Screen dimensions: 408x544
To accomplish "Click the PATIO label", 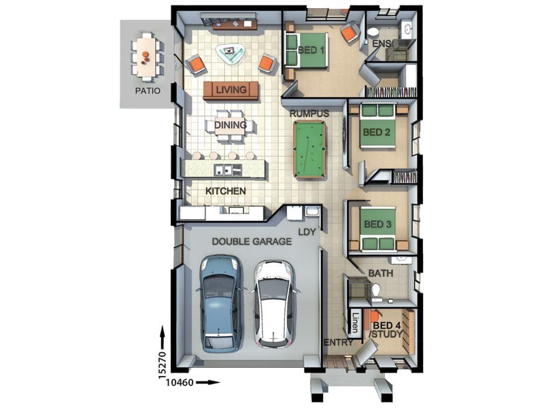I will point(148,88).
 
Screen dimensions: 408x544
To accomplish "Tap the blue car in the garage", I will point(221,299).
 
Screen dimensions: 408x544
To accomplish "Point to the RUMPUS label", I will point(309,113).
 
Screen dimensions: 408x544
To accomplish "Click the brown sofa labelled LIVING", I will point(231,90).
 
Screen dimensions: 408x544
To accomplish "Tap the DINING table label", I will point(231,125).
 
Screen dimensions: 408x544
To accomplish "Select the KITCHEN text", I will point(226,192).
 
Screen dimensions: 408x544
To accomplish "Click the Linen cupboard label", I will point(355,320).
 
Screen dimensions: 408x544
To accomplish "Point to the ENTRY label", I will point(338,342).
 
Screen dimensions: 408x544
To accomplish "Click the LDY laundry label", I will point(305,232).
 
